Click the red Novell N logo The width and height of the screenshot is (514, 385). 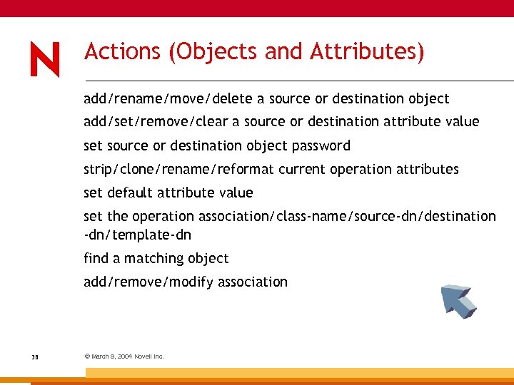coord(45,58)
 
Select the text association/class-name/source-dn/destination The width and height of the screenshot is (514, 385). coord(347,216)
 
